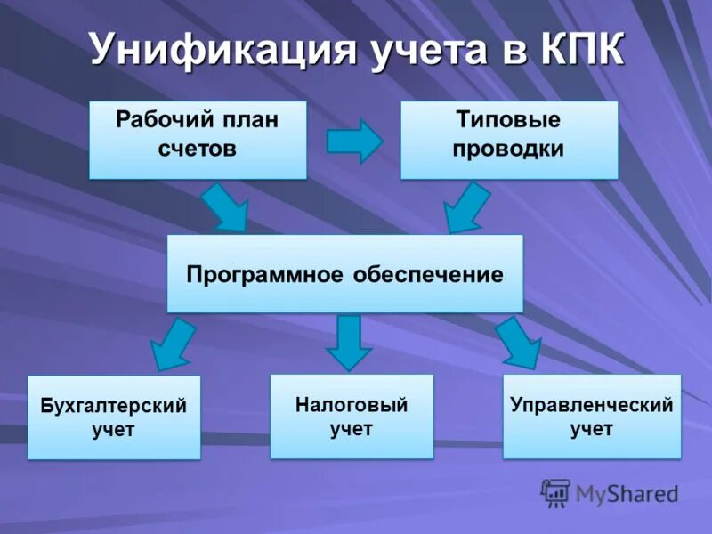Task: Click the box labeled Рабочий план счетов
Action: [198, 140]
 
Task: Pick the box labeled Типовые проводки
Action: [508, 140]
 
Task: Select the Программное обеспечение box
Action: [344, 273]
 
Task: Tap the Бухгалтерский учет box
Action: [114, 417]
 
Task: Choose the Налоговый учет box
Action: [351, 416]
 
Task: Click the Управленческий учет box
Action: [591, 416]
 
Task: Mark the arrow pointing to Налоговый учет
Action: [349, 342]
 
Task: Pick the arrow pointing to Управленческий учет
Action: [519, 342]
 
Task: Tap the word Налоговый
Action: [351, 405]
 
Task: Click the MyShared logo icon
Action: [555, 492]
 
